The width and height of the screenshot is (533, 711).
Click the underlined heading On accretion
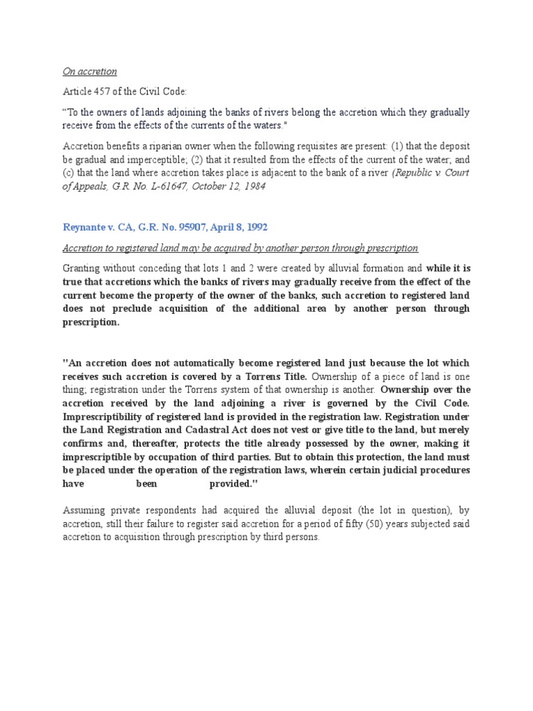90,72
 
